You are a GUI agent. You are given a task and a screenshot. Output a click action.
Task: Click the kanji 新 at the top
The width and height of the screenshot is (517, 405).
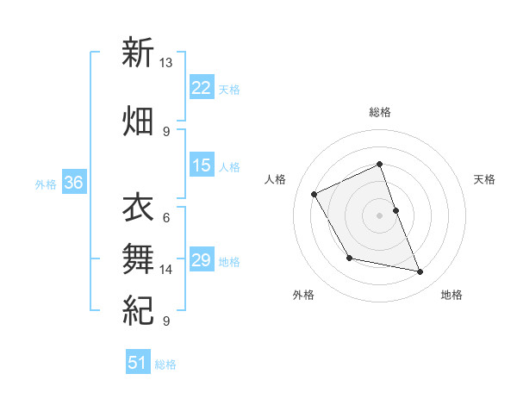point(138,53)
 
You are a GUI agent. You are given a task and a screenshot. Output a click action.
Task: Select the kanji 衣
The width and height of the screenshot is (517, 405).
point(138,207)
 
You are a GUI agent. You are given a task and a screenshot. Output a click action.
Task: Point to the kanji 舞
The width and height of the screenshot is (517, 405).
point(138,258)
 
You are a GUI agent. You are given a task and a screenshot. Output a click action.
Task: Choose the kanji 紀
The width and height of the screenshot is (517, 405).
point(138,309)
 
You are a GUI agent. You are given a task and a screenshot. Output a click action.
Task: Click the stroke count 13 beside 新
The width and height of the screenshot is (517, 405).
point(166,63)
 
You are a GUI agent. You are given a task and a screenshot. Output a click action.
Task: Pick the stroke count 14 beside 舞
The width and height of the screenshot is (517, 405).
point(166,270)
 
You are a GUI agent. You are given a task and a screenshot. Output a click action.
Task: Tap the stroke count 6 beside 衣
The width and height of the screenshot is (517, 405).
point(165,217)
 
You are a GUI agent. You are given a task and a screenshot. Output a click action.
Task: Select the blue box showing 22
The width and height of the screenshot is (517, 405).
point(202,88)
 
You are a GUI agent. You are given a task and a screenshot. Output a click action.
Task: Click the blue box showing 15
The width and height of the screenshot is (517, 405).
point(202,165)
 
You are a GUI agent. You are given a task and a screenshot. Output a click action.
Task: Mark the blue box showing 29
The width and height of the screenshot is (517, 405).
point(202,260)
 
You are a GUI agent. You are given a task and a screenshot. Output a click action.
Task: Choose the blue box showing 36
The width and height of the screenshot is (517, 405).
point(74,183)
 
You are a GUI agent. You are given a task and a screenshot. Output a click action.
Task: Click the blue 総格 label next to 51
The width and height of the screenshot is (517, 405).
point(165,364)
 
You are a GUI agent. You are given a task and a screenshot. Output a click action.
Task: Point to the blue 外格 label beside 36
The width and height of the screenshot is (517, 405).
point(46,184)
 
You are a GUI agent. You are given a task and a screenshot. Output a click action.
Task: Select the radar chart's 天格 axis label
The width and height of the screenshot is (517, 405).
point(484,179)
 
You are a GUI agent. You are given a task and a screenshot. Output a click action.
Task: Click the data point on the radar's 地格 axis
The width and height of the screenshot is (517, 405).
point(420,272)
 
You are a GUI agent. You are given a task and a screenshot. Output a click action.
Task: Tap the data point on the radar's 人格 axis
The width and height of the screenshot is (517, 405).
point(315,194)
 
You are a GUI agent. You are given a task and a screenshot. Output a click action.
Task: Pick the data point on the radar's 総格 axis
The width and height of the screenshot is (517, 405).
point(379,164)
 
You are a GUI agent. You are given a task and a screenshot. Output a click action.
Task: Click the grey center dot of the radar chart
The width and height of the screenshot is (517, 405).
point(379,215)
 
